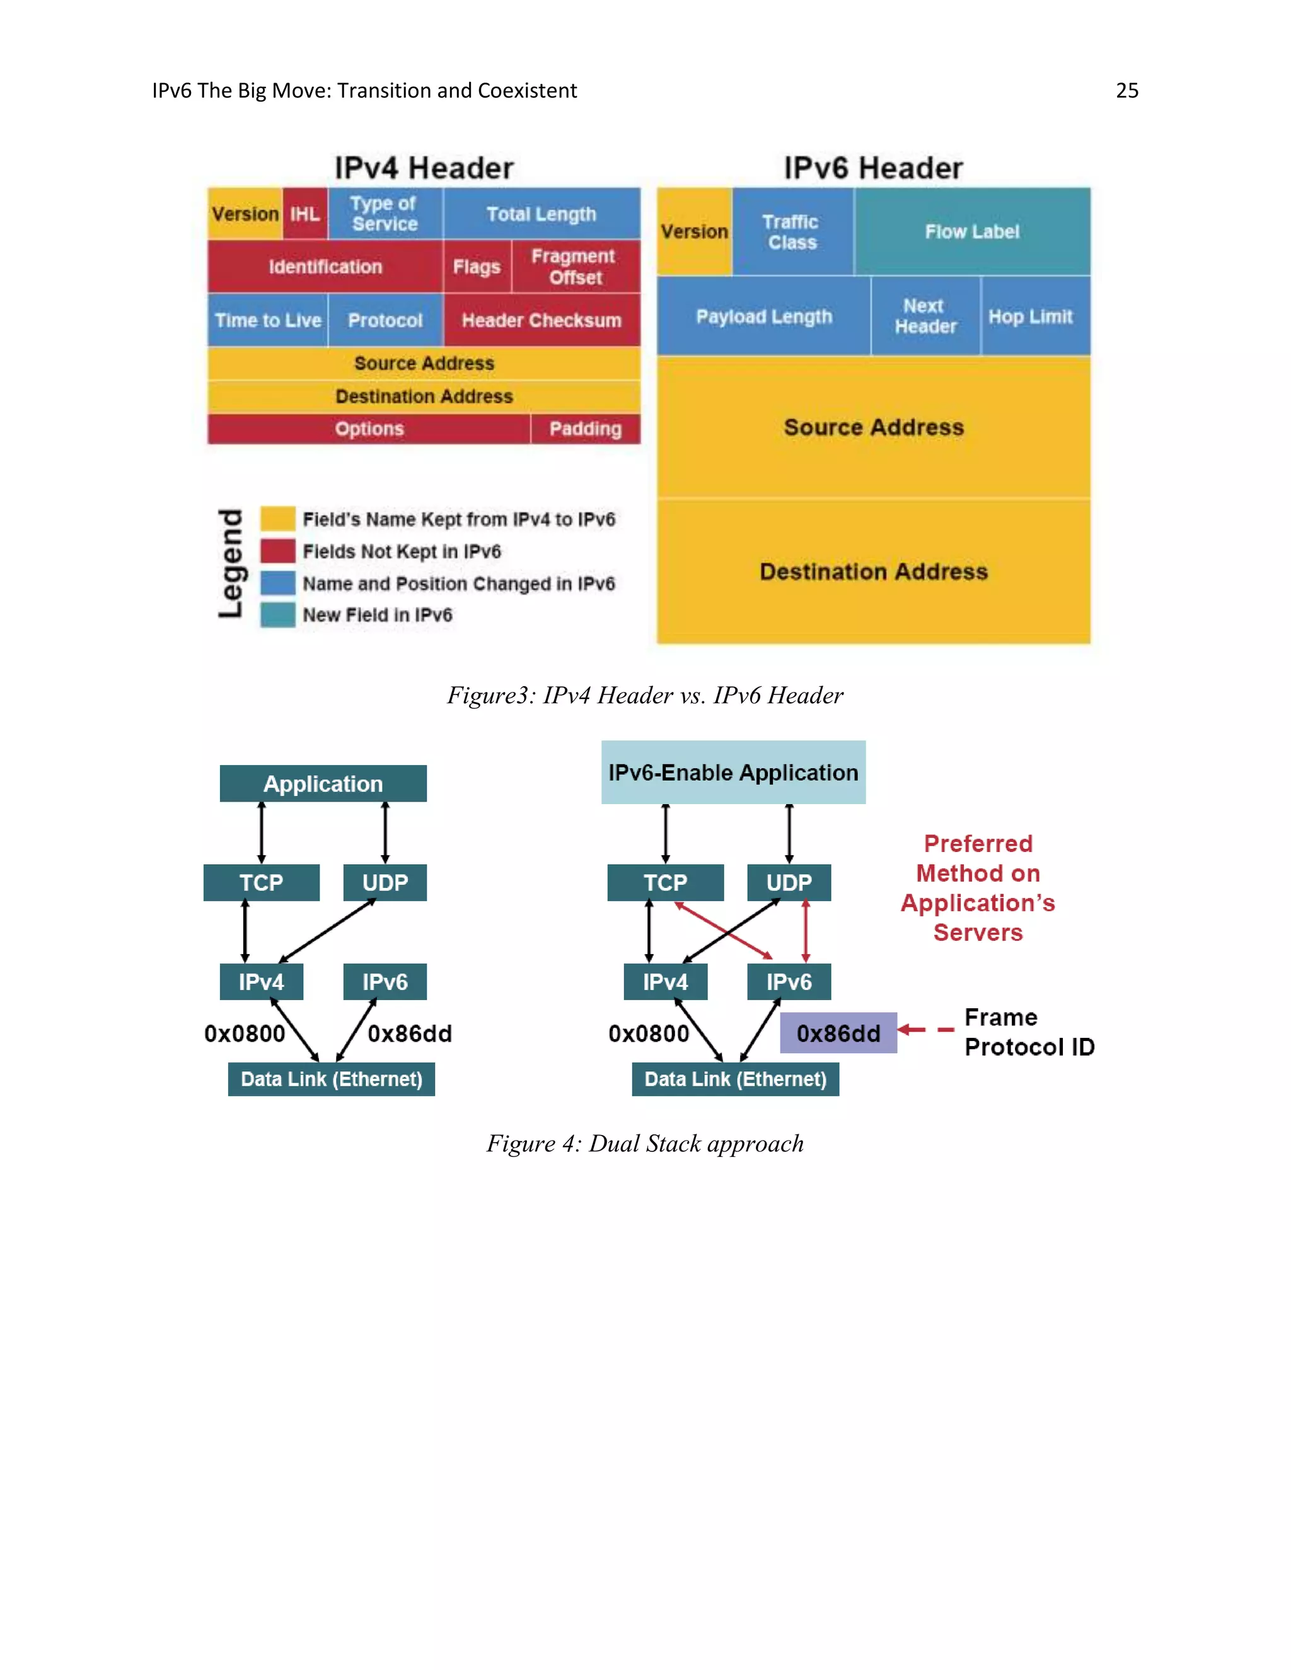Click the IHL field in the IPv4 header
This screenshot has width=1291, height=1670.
(305, 214)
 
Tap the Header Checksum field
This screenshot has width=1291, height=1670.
(541, 320)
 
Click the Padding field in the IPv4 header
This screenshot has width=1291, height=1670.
(585, 429)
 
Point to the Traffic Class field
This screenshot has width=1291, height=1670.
(792, 232)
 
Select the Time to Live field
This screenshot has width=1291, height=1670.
(268, 320)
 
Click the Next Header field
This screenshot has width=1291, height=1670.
(925, 316)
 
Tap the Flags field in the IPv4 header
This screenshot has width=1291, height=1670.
(477, 267)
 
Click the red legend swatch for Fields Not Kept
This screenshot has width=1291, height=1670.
(277, 551)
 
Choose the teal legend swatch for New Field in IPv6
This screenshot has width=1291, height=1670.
(277, 615)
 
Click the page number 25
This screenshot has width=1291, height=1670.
(1126, 90)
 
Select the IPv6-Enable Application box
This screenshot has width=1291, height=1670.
(732, 773)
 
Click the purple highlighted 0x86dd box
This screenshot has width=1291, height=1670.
(838, 1033)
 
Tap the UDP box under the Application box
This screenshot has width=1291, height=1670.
(385, 882)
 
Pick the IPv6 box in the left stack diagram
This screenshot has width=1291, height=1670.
(385, 982)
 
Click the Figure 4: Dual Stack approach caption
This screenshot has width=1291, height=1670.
(645, 1143)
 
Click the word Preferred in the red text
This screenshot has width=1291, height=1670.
(978, 843)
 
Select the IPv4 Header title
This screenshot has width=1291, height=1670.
(424, 168)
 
